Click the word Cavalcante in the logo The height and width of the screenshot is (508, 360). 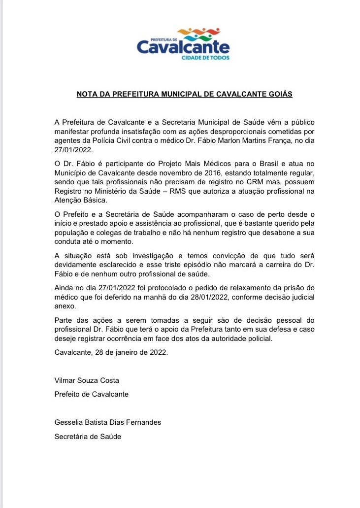click(x=183, y=47)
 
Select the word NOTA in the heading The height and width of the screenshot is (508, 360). click(x=87, y=93)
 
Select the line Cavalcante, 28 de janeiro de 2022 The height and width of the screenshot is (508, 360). click(x=111, y=352)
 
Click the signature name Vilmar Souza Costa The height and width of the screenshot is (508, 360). click(x=87, y=380)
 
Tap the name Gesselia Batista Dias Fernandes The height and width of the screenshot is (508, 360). click(x=108, y=422)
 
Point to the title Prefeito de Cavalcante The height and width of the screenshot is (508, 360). click(x=92, y=394)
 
